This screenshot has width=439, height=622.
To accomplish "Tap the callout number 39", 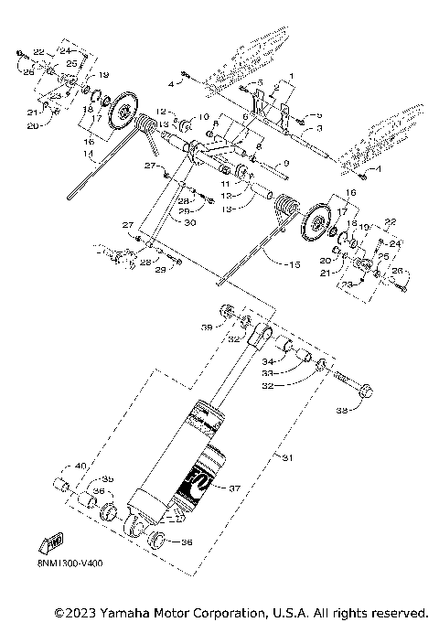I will [x=207, y=327].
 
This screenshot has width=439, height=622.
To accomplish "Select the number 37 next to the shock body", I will [x=234, y=488].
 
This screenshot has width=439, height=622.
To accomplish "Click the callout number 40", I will [x=81, y=467].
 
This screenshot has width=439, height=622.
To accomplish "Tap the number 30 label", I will [x=189, y=222].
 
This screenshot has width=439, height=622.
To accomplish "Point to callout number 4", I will [x=170, y=83].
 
